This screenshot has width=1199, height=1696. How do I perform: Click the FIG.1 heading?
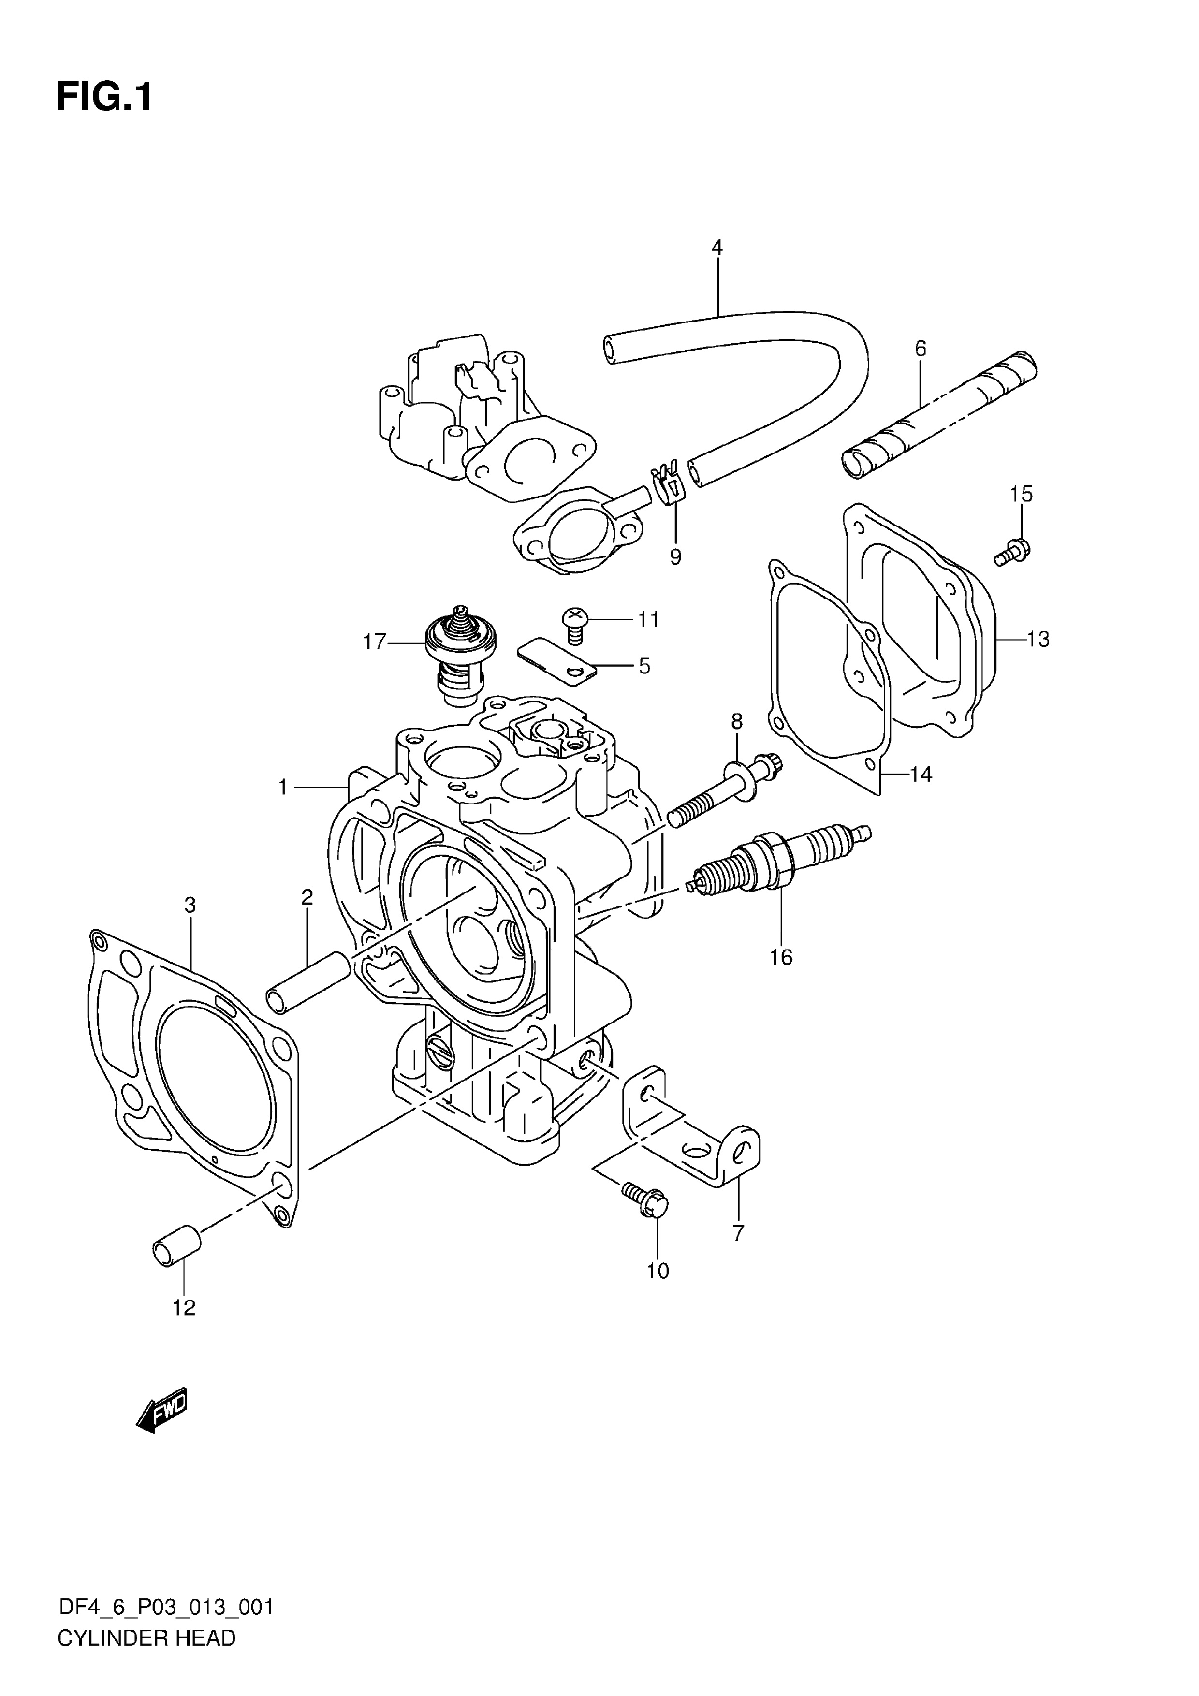(x=104, y=97)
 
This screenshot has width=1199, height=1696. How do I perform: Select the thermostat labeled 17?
(x=460, y=655)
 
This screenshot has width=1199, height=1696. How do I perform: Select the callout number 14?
(x=921, y=774)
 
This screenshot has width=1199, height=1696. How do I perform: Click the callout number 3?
(x=190, y=905)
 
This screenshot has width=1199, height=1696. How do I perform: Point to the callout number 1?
(x=282, y=788)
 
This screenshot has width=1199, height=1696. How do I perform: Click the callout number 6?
(x=921, y=348)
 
